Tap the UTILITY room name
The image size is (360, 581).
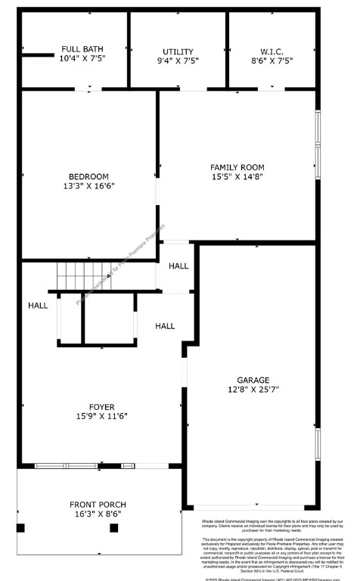(178, 51)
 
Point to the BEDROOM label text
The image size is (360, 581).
(89, 176)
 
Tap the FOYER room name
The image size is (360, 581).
(90, 406)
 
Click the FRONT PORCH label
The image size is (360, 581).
(98, 505)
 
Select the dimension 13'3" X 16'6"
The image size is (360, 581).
(89, 185)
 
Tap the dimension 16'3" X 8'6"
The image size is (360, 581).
(98, 514)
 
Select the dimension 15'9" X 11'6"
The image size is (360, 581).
(90, 416)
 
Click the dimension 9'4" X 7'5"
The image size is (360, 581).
(178, 61)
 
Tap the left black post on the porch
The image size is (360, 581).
(21, 527)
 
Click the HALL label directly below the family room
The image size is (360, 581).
(178, 266)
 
